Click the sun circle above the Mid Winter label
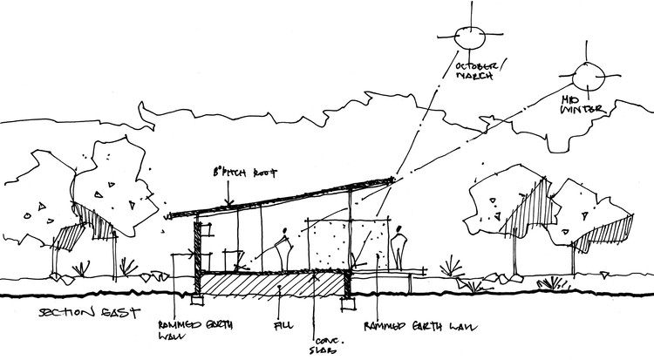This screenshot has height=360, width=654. (582, 76)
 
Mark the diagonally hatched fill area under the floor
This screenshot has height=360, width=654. (262, 284)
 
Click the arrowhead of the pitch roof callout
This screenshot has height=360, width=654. (228, 204)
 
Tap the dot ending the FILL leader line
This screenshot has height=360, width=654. (276, 288)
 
